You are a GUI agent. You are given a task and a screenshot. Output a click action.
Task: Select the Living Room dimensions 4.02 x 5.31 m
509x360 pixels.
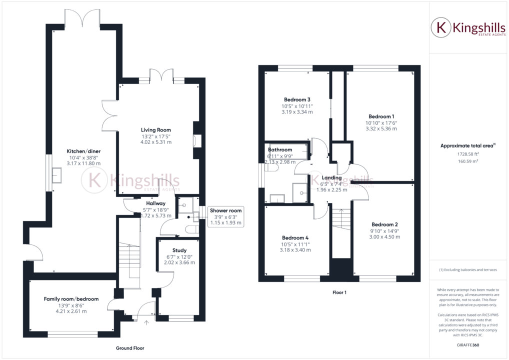pos(156,142)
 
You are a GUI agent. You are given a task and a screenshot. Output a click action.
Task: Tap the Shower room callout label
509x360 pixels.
pos(225,210)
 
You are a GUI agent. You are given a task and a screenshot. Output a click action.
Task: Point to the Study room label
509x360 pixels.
pos(179,250)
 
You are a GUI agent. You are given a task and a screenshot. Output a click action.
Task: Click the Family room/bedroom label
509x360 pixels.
pos(71,299)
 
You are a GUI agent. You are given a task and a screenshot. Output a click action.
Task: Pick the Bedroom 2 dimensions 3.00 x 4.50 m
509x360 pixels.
pos(385,237)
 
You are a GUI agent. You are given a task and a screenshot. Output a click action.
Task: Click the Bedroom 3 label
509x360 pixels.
pos(297,99)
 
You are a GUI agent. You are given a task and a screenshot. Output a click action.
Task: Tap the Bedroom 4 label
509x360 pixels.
pos(295,237)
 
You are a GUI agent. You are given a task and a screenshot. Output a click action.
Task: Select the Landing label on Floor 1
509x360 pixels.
pos(331,177)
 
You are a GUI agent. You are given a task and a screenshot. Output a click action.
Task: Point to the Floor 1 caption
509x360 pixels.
pos(339,292)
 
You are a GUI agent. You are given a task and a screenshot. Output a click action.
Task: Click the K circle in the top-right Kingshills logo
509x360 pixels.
pos(441,28)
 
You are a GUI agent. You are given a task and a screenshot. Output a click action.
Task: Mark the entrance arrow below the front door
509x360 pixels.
pos(146,322)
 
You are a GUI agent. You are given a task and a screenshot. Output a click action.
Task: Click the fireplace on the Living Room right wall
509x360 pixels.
pos(196,140)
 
